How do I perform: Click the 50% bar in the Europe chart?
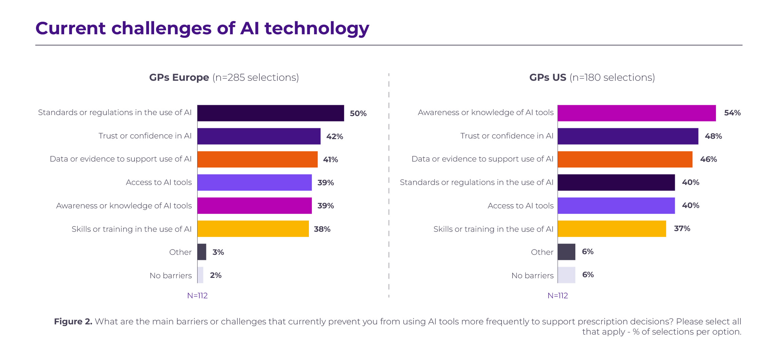(271, 113)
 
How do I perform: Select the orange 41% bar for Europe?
(257, 159)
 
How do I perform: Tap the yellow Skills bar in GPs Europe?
(253, 229)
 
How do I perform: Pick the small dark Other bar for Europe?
(202, 252)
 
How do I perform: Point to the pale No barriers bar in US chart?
(566, 275)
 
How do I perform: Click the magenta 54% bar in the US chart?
(636, 113)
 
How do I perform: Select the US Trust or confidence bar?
(628, 136)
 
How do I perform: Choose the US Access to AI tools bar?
(616, 206)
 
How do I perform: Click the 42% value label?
(335, 136)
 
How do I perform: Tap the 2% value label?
(216, 275)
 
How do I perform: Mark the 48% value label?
(713, 136)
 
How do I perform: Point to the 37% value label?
(682, 228)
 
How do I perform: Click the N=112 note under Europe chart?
(197, 296)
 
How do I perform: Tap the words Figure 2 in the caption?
(73, 321)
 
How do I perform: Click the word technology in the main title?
(317, 29)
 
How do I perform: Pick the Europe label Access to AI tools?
(159, 183)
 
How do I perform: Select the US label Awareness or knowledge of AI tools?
(485, 113)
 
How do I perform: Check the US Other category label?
(542, 252)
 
